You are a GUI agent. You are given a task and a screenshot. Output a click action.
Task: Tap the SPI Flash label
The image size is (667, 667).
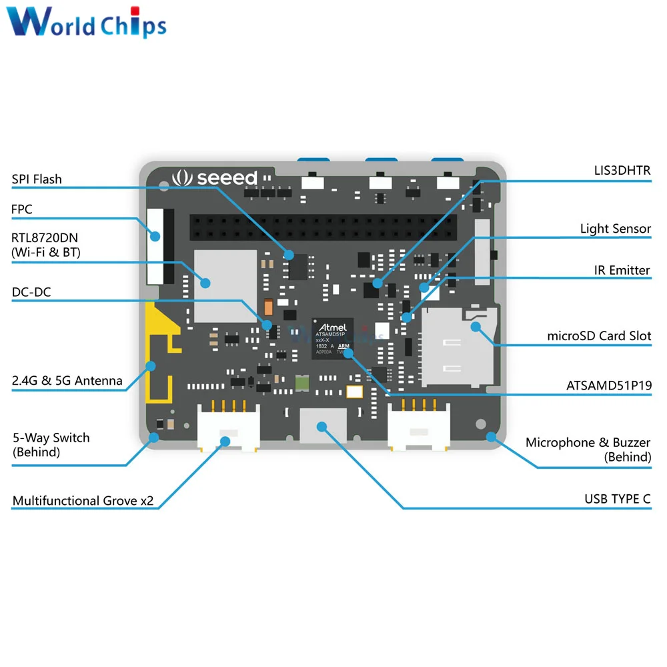click(37, 179)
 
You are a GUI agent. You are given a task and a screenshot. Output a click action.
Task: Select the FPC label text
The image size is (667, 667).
click(22, 209)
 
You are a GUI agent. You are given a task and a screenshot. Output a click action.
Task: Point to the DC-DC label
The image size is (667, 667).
click(31, 292)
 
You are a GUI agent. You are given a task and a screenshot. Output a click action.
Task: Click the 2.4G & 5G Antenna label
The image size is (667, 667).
click(67, 381)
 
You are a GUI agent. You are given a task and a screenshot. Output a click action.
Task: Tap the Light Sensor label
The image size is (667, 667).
click(615, 229)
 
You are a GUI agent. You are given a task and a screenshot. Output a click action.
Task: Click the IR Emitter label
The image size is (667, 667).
click(622, 270)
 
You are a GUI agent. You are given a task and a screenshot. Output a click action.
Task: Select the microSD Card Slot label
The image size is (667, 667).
click(599, 336)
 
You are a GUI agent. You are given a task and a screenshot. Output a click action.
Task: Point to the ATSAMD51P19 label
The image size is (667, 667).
click(608, 385)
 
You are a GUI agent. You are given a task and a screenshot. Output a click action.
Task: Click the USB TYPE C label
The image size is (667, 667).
click(618, 499)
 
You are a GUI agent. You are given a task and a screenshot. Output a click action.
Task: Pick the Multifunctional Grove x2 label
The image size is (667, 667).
click(83, 501)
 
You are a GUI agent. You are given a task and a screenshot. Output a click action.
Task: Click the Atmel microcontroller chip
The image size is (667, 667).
click(332, 339)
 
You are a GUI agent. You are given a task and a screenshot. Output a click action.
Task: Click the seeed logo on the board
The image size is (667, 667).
click(214, 178)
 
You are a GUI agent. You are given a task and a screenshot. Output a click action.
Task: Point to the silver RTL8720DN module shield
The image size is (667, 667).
click(225, 285)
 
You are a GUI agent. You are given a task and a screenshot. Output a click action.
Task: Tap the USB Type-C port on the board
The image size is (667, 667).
click(323, 425)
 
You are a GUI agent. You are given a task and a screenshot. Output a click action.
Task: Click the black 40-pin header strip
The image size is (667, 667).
click(323, 227)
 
